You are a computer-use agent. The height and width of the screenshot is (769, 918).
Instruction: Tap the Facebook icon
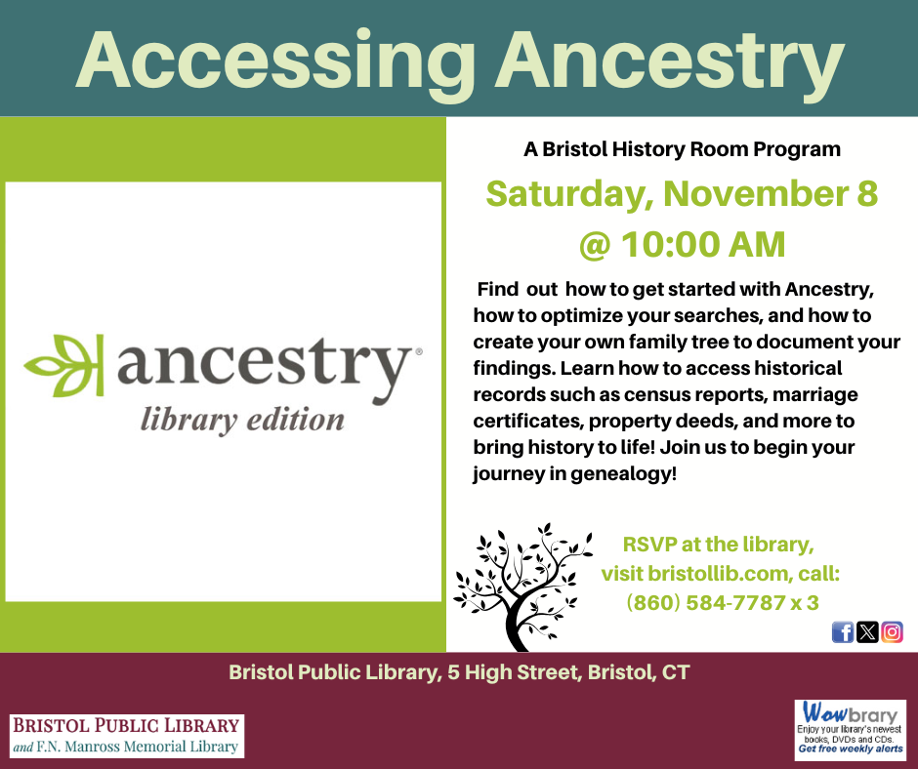843,632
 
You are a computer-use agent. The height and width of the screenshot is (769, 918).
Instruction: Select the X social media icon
867,632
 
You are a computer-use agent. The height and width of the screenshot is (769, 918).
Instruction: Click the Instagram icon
892,632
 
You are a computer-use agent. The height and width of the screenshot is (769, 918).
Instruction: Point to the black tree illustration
522,587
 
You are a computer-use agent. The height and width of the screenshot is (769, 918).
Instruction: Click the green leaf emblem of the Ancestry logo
64,365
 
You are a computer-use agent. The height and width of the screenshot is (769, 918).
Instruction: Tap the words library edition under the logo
242,421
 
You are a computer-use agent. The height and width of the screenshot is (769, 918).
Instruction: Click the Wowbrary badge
850,729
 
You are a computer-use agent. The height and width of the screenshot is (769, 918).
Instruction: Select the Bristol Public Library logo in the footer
127,736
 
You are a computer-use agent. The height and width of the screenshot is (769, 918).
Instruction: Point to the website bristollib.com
719,574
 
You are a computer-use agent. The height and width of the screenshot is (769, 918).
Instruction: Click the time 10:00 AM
703,245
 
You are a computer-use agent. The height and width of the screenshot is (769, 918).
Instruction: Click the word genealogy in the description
624,474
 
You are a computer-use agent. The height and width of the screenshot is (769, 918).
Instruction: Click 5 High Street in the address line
515,672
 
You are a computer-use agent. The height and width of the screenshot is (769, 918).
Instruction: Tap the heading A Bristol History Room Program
682,149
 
